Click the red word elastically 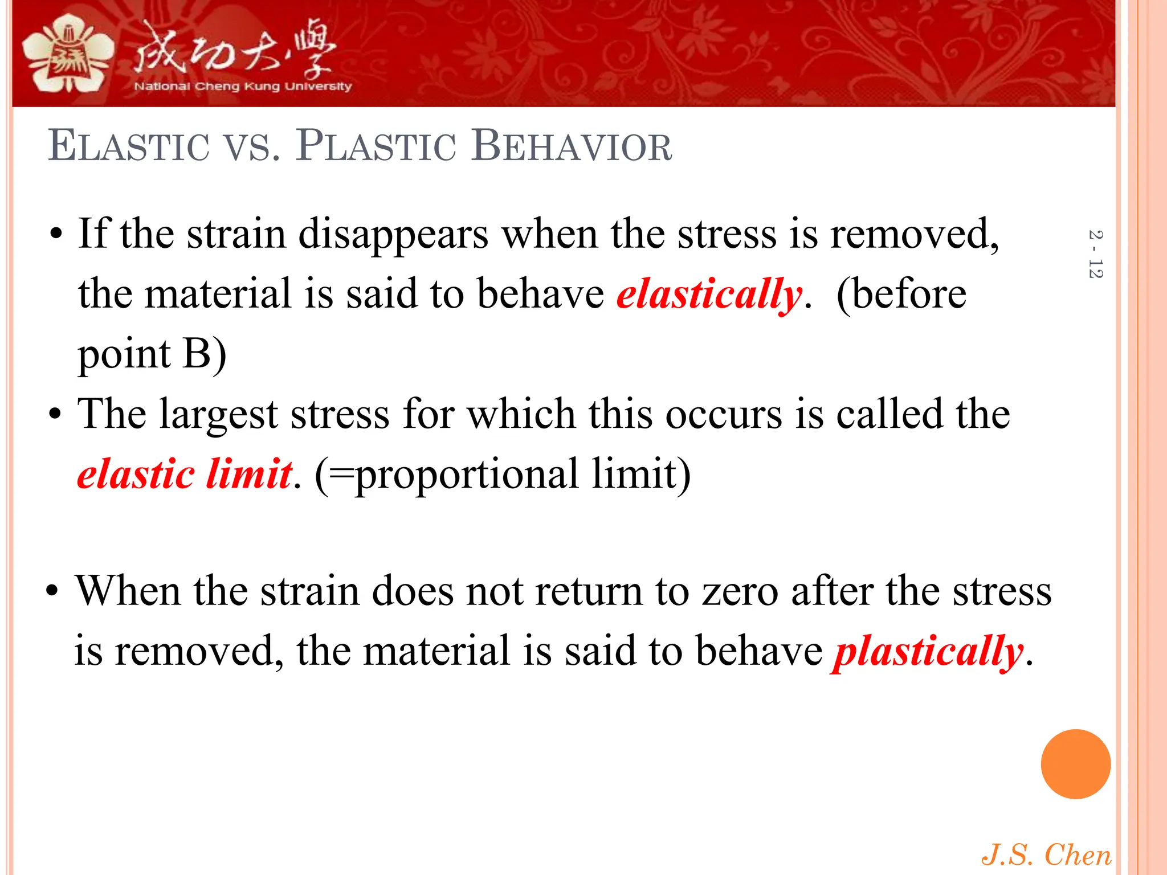709,295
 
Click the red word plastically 928,652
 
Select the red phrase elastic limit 185,474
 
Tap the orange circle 1075,764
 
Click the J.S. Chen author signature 1046,855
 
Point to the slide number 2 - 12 1095,254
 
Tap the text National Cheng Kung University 243,87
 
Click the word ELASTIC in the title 129,146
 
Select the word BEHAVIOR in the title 572,146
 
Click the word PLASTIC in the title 376,146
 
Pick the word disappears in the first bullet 393,235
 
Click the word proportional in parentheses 467,475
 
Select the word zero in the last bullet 740,591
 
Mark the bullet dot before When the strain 52,592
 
